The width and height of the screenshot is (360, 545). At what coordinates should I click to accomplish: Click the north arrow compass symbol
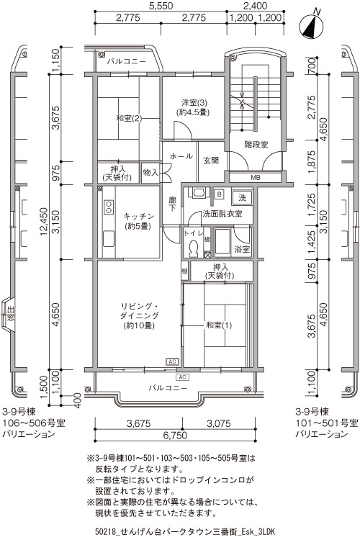click(x=312, y=26)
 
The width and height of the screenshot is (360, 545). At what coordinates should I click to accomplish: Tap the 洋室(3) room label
click(x=194, y=103)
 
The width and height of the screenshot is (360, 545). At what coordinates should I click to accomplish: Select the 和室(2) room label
click(x=129, y=119)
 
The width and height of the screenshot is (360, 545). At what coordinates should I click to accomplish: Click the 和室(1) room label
click(x=219, y=325)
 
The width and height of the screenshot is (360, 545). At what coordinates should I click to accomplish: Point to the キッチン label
click(x=139, y=216)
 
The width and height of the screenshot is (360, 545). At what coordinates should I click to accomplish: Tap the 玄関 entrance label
click(x=211, y=161)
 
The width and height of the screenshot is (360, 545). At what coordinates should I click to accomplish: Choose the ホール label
click(x=181, y=156)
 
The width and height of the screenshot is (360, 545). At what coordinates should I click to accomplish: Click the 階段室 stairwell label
click(x=256, y=144)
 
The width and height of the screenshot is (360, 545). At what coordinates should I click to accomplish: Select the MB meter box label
click(x=256, y=178)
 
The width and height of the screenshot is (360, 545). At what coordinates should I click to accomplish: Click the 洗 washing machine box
click(x=242, y=198)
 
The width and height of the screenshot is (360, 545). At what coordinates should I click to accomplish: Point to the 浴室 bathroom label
click(x=241, y=249)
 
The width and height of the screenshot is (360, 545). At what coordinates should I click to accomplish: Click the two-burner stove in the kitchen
click(x=109, y=207)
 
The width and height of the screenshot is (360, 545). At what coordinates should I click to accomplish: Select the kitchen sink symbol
click(x=109, y=239)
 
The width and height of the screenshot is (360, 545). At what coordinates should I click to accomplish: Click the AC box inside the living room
click(x=172, y=362)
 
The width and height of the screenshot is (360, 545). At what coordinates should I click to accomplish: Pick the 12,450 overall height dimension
click(x=44, y=222)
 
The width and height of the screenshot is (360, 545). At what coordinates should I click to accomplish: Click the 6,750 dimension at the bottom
click(x=176, y=435)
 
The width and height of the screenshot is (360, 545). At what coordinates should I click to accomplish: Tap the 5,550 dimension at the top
click(x=160, y=6)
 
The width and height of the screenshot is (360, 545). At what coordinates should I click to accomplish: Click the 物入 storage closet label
click(x=150, y=172)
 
